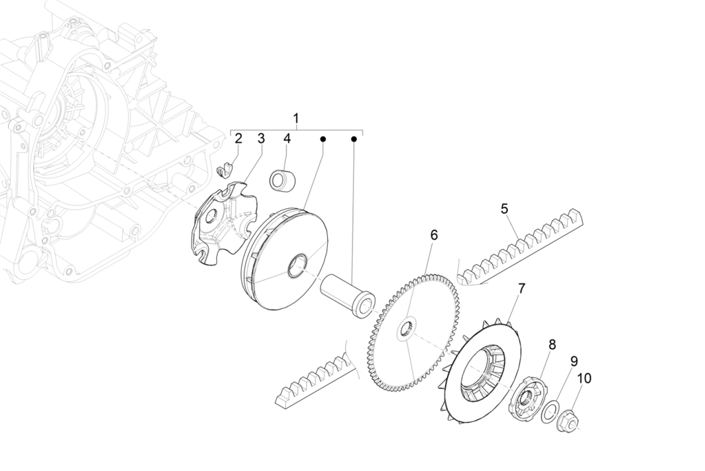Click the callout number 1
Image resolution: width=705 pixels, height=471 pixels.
[x=296, y=118]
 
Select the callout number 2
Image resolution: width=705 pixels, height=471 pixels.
[x=238, y=139]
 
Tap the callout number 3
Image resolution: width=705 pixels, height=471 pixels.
[x=261, y=139]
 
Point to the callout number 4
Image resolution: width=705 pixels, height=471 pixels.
[x=287, y=139]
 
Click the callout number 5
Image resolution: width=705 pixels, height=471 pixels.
[x=504, y=208]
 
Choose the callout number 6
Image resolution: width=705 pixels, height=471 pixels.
[x=433, y=235]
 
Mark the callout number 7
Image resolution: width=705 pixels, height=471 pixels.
[x=521, y=289]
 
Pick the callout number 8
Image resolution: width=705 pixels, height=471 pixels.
[x=552, y=345]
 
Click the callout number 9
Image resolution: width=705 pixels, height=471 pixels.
[x=574, y=361]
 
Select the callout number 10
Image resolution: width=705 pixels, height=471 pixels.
[x=585, y=378]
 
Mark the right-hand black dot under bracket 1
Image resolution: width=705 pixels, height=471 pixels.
[x=354, y=140]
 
